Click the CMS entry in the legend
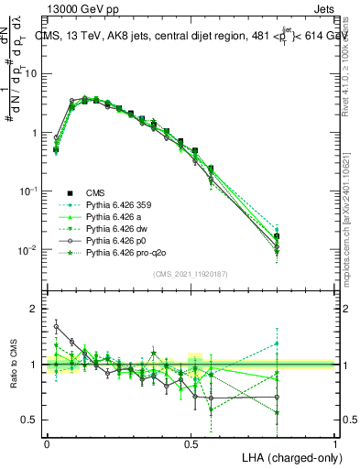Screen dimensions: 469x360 (95, 191)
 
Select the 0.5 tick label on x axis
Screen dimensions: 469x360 (191, 442)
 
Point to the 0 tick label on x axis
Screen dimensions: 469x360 (47, 442)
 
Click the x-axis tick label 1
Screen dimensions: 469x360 (335, 442)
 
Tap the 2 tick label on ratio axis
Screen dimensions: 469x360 (34, 310)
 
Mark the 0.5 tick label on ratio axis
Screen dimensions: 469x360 (30, 420)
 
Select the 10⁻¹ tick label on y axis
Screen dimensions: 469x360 (27, 191)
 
